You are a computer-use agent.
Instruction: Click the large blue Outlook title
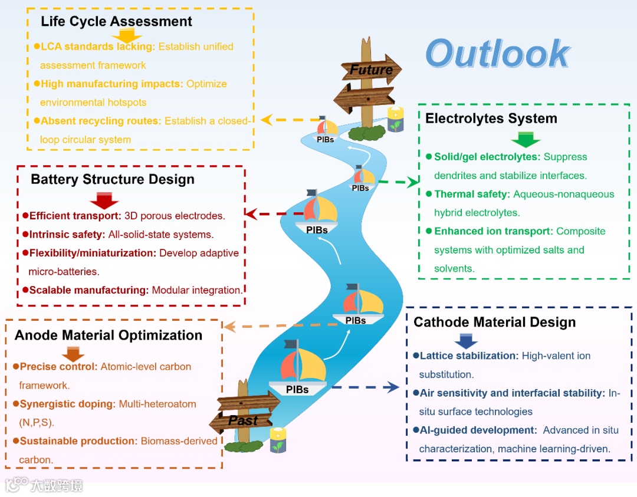(x=497, y=54)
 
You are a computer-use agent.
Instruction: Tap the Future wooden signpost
(x=371, y=70)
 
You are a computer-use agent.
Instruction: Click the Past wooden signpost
(x=243, y=420)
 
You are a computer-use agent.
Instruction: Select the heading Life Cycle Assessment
(x=116, y=22)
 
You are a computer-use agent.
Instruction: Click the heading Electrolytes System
(x=491, y=119)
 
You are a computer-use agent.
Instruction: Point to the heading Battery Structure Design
(x=113, y=179)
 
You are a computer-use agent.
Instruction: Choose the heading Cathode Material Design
(x=494, y=322)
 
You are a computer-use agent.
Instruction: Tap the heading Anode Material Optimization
(x=109, y=335)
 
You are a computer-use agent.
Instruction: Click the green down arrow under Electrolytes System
(x=526, y=140)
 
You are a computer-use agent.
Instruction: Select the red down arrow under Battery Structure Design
(x=104, y=200)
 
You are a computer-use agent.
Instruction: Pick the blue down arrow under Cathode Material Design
(x=466, y=341)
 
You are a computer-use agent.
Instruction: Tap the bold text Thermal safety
(x=471, y=194)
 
